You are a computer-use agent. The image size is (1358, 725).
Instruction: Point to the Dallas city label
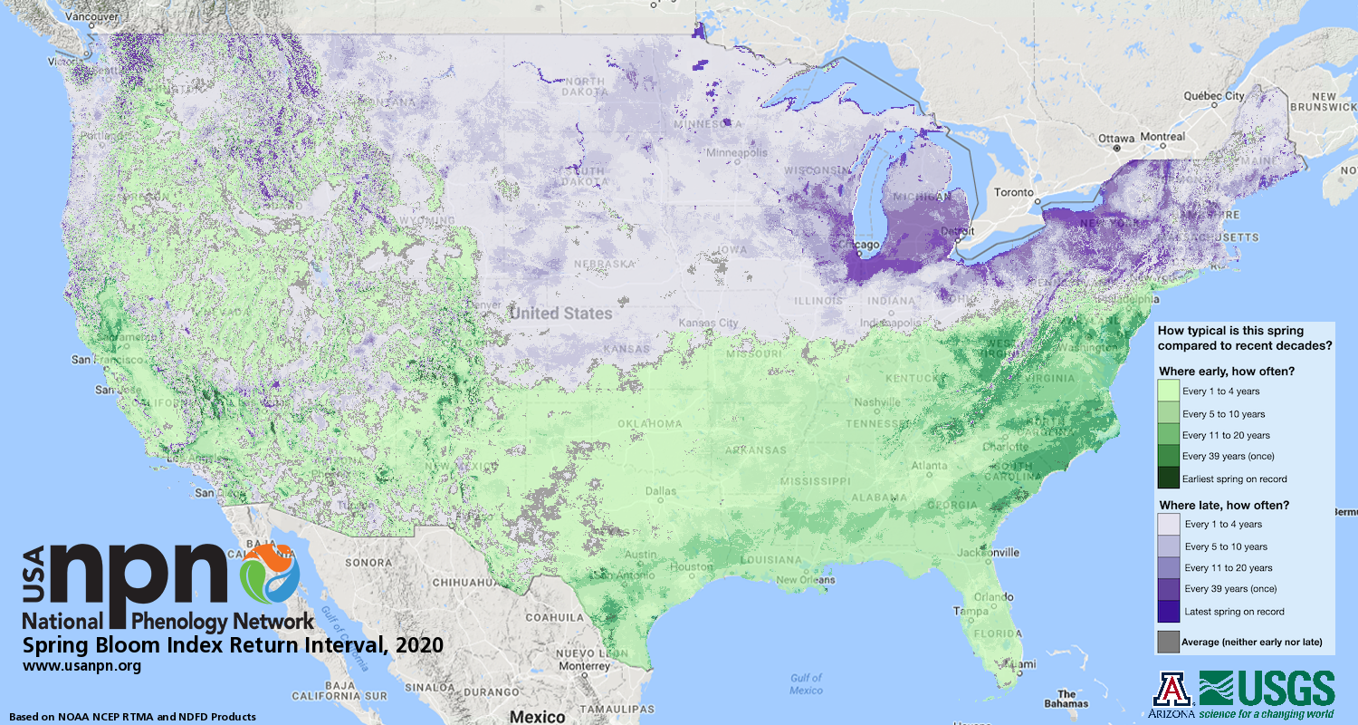coord(660,492)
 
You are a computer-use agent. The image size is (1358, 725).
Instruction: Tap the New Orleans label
coord(804,580)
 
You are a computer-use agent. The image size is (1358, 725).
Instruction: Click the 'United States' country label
coord(560,314)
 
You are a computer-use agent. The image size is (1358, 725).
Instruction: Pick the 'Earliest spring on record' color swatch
coord(1169,478)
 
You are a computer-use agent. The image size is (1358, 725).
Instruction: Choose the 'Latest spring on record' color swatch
coord(1169,612)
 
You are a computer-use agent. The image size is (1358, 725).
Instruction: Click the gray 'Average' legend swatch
coord(1168,642)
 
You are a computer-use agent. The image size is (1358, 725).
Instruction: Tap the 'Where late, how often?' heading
coord(1224,505)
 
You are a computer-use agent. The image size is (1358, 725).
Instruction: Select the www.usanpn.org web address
coord(81,666)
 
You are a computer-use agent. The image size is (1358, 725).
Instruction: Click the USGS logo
coord(1267,689)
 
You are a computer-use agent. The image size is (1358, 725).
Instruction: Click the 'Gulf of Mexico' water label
coord(805,683)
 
